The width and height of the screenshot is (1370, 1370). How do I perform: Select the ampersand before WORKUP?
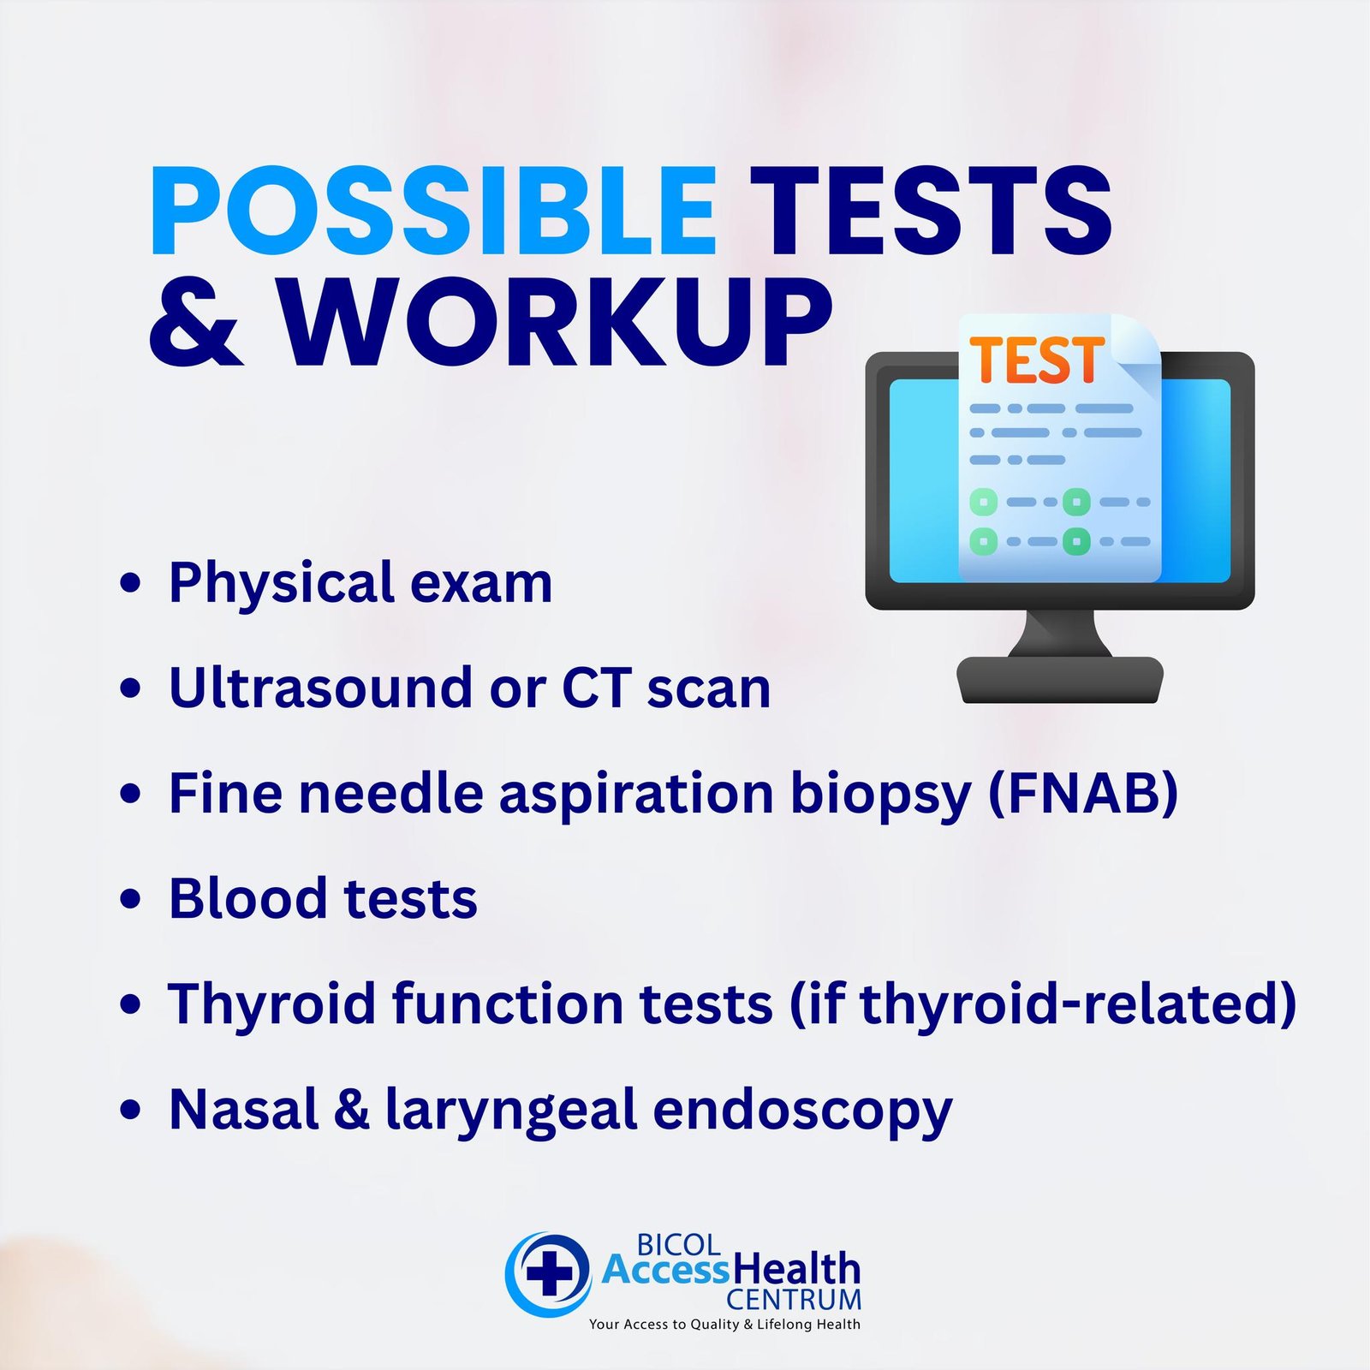point(195,323)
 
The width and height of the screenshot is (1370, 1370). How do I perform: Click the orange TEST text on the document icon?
point(1037,360)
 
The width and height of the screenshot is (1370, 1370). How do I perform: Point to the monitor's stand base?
point(1060,680)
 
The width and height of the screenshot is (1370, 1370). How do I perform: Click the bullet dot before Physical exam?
point(130,584)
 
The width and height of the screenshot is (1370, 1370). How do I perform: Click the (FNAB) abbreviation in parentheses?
point(1083,793)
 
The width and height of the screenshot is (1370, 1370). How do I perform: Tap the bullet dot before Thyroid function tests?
point(130,1004)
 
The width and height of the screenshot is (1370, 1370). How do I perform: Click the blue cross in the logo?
point(549,1273)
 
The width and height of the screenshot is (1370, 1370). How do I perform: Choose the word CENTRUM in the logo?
point(794,1300)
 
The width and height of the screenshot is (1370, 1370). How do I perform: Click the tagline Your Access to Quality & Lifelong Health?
point(724,1324)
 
